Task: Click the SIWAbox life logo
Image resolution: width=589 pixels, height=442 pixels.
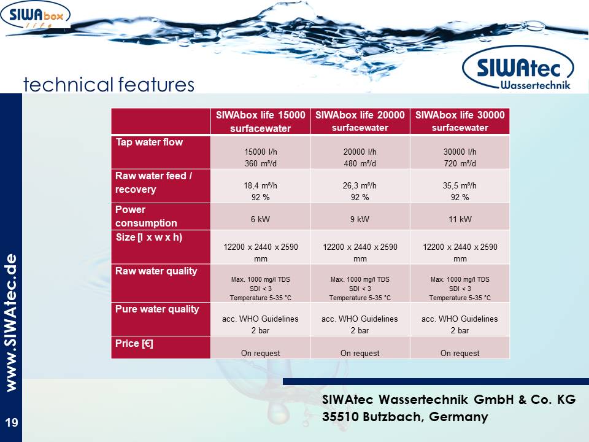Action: click(x=36, y=15)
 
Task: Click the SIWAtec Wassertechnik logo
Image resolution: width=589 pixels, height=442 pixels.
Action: click(x=518, y=68)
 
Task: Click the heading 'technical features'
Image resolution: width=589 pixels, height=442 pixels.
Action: click(x=109, y=84)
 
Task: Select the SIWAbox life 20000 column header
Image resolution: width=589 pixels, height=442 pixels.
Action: click(x=360, y=121)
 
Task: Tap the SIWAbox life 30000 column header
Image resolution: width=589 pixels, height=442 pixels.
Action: click(x=460, y=121)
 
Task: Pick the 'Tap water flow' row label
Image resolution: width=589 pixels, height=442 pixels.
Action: click(x=149, y=142)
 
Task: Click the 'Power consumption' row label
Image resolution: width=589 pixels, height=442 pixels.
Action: click(x=146, y=216)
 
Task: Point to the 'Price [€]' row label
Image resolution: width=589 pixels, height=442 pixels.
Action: click(x=134, y=343)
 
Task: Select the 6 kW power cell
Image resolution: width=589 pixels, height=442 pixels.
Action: click(x=260, y=219)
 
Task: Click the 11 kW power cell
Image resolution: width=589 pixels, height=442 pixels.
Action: click(x=460, y=219)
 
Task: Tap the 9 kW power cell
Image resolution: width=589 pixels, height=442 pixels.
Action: click(x=360, y=219)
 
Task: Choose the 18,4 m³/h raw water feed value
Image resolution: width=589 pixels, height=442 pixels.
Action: click(x=260, y=185)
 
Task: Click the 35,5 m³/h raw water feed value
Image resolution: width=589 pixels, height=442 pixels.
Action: click(x=460, y=185)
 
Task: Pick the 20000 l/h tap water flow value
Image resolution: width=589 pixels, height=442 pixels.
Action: click(x=360, y=152)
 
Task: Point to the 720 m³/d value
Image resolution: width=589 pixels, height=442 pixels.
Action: click(x=460, y=163)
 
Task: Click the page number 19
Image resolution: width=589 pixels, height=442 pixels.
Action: click(x=12, y=422)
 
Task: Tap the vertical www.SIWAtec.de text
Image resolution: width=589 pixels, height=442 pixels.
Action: click(x=11, y=323)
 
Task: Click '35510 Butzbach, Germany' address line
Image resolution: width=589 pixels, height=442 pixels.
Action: click(x=405, y=416)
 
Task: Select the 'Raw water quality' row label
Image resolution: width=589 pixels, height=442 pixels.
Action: click(x=156, y=271)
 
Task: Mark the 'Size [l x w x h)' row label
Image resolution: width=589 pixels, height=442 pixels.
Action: click(x=148, y=238)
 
